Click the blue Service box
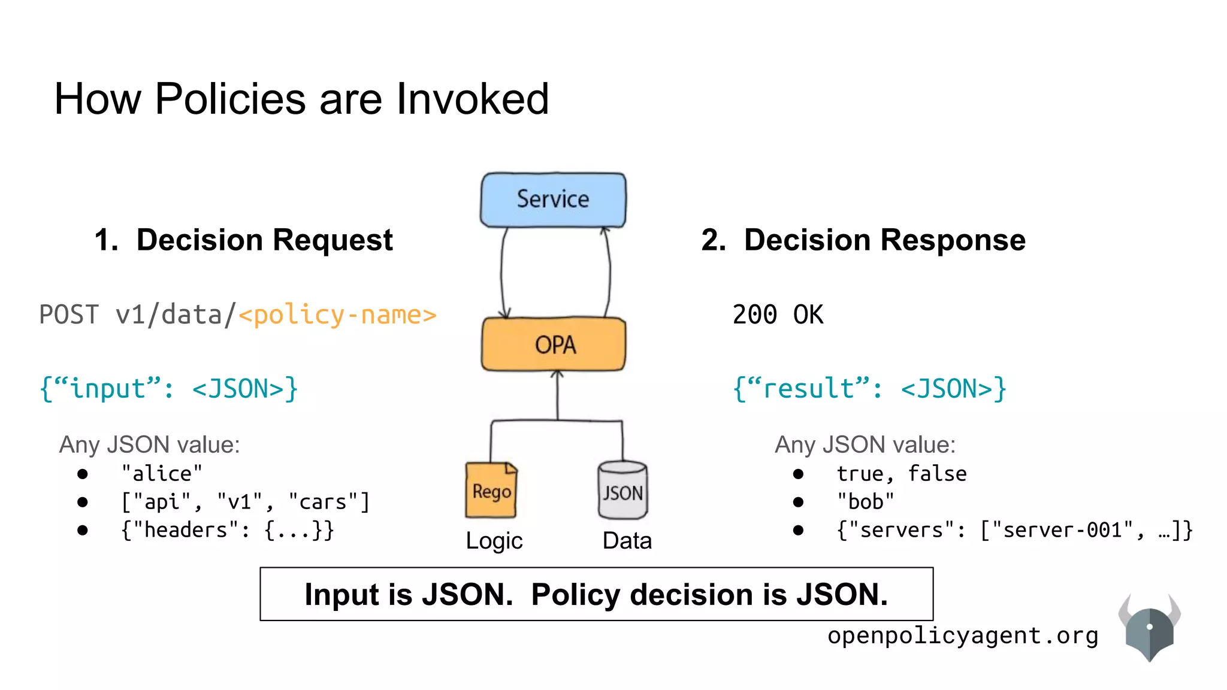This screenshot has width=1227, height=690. pos(553,200)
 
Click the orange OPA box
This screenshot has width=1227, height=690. pos(554,344)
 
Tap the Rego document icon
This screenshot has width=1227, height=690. pos(491,491)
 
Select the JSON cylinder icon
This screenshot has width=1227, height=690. pos(622,491)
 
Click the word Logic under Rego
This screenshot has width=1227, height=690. pos(494,541)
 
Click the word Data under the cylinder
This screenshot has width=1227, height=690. pos(627,541)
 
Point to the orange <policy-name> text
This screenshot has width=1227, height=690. pos(337,315)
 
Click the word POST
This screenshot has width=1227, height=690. pos(69,315)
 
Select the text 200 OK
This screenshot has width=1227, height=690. pos(778,315)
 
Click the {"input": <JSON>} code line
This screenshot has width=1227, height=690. pos(168,389)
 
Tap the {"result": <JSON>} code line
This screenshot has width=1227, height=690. pos(869,389)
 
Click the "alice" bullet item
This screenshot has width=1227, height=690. pos(162,474)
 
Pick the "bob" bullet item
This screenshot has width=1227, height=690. pos(865,502)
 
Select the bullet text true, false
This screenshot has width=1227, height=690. pos(901,474)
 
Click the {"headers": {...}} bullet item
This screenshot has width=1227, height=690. pos(227,530)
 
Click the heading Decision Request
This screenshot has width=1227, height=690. pos(264,240)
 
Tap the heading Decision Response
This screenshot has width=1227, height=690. pos(884,240)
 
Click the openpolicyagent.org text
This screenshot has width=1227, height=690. pos(963,635)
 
